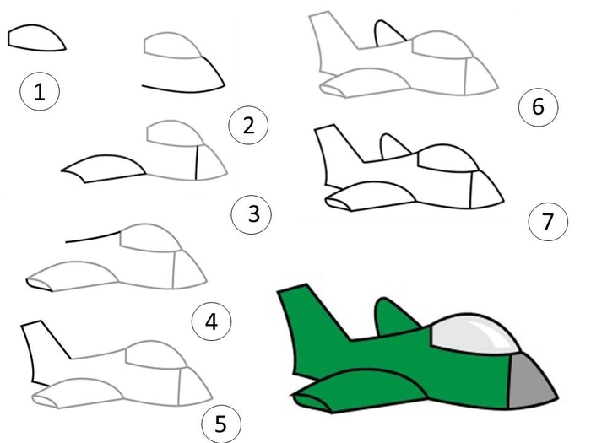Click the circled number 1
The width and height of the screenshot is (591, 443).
(40, 91)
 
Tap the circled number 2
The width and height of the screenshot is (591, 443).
(248, 125)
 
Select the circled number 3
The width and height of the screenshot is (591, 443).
(252, 214)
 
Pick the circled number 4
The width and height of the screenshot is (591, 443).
(211, 321)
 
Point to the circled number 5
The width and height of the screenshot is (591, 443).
(221, 424)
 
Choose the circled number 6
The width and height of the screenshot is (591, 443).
(539, 106)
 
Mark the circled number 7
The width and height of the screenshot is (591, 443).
(548, 221)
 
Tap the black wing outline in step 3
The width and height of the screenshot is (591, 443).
(104, 168)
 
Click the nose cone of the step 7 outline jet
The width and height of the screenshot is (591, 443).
(486, 190)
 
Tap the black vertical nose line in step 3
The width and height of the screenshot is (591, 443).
(197, 163)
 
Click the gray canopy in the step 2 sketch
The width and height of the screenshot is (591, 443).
(172, 46)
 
